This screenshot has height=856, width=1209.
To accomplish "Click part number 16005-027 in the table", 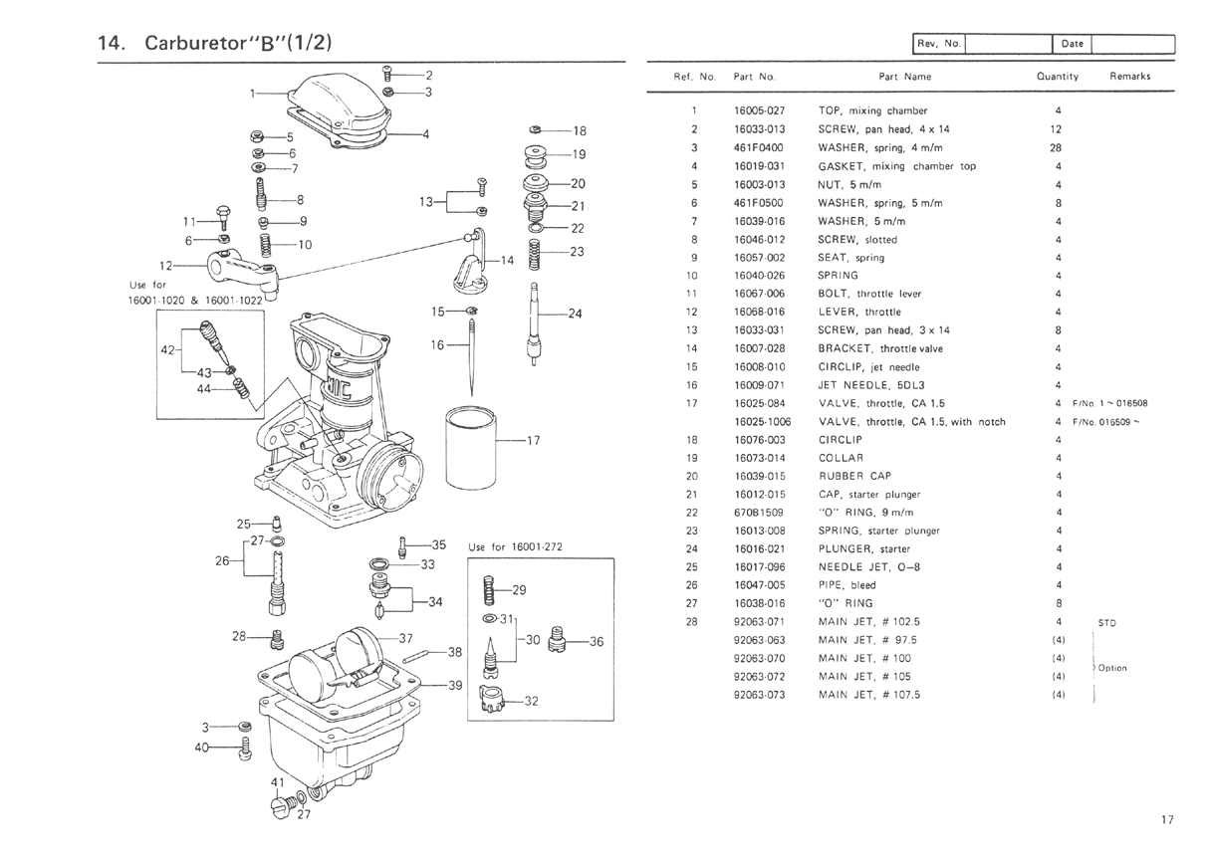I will [x=760, y=111].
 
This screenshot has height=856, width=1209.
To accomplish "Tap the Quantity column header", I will [x=1057, y=77].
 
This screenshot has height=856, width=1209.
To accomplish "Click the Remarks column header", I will [x=1129, y=77].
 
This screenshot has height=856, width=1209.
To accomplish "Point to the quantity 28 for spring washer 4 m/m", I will [x=1057, y=148].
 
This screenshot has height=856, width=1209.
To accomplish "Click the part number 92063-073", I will [x=760, y=695].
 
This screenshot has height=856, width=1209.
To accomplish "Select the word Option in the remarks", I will [x=1111, y=668].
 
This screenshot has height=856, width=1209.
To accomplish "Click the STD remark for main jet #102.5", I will [x=1106, y=624].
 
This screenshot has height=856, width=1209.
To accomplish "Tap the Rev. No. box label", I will [x=938, y=44].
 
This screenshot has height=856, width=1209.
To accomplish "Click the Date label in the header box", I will [x=1073, y=44].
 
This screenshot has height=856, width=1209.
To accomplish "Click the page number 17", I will [x=1167, y=820].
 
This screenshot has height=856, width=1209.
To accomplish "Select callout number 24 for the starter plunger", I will [x=574, y=314].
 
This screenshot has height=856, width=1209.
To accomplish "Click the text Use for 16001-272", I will [x=515, y=547].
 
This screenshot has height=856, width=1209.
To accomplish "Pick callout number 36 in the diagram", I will [x=597, y=642].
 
